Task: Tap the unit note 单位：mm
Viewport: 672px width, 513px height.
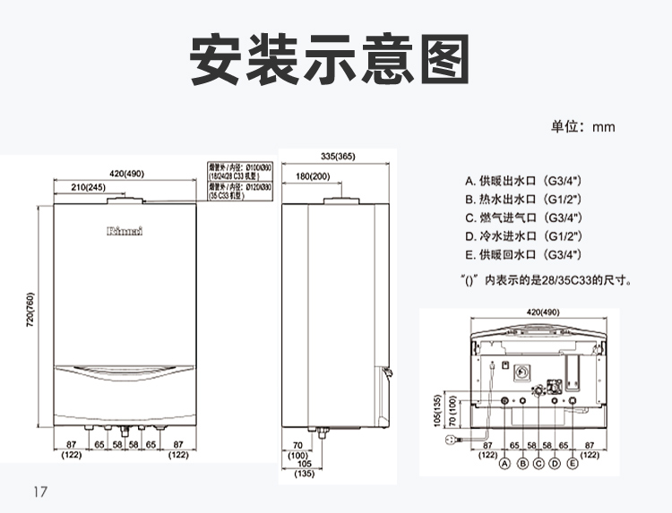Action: pyautogui.click(x=582, y=126)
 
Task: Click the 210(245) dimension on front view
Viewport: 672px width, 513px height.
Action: pyautogui.click(x=87, y=187)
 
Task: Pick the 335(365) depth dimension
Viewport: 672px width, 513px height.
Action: pyautogui.click(x=337, y=157)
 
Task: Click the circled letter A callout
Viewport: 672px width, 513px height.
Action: pyautogui.click(x=504, y=463)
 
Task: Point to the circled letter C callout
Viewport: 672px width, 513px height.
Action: pyautogui.click(x=538, y=463)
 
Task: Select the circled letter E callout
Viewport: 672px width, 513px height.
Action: pyautogui.click(x=573, y=463)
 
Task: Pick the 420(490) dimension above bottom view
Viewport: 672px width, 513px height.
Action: pyautogui.click(x=542, y=312)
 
